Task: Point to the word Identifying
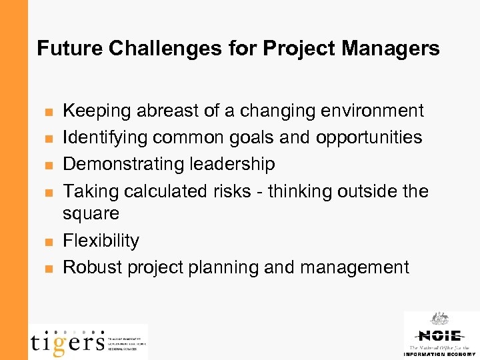[x=105, y=137]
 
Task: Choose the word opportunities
[x=369, y=137]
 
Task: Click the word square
[x=91, y=214]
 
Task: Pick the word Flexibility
[x=101, y=241]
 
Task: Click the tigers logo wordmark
[x=67, y=341]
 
